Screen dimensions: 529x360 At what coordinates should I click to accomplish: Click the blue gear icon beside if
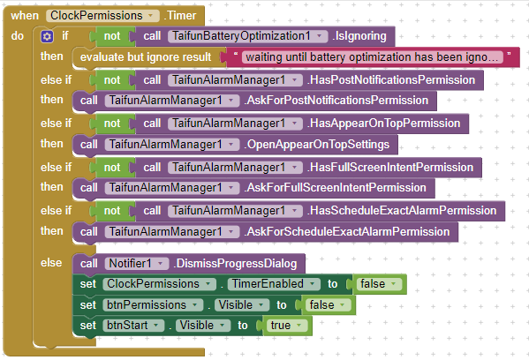(x=47, y=36)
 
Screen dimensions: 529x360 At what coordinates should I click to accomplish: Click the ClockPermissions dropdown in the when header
(x=102, y=16)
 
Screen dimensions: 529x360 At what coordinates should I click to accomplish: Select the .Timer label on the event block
(x=180, y=16)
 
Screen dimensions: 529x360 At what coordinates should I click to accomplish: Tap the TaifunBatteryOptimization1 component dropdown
(x=247, y=36)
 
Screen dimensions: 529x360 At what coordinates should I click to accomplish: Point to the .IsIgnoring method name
(x=359, y=36)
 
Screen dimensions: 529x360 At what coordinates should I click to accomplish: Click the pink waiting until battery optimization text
(x=372, y=57)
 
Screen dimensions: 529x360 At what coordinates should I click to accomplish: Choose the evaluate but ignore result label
(x=146, y=57)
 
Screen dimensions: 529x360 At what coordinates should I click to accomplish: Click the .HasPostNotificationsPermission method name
(x=391, y=80)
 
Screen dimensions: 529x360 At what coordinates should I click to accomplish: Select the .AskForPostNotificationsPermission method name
(x=336, y=100)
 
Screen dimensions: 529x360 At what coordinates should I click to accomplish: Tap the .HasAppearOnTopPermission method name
(x=383, y=123)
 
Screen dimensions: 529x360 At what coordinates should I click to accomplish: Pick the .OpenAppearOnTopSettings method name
(x=317, y=145)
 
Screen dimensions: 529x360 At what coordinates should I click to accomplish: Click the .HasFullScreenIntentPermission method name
(x=390, y=167)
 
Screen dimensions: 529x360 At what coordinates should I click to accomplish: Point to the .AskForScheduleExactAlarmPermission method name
(x=347, y=231)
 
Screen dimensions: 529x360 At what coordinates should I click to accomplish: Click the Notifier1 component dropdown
(x=137, y=263)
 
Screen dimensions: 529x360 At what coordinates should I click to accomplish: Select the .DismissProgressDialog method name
(x=235, y=263)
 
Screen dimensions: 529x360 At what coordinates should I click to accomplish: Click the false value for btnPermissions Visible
(x=327, y=305)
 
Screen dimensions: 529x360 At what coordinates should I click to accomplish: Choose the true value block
(x=285, y=326)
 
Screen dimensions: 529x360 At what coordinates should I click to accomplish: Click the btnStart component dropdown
(x=133, y=326)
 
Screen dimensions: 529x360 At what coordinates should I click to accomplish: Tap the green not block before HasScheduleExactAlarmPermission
(x=112, y=211)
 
